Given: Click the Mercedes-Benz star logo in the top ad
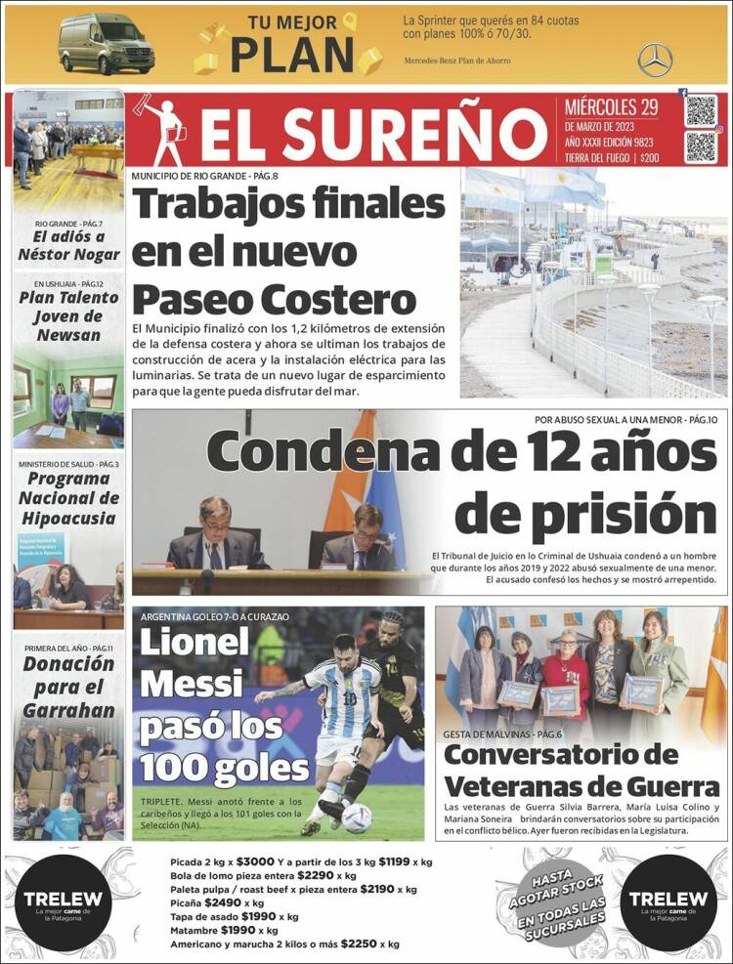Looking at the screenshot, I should [x=655, y=61].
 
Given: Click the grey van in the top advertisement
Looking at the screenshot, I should [x=107, y=43].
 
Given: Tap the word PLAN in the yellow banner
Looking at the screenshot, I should [x=291, y=55].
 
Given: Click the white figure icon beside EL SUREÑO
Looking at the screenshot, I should [x=165, y=131].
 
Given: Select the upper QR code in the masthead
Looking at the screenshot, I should [x=700, y=110].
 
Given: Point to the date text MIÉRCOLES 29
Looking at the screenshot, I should [x=611, y=107].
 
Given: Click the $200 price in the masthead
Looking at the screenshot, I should [x=650, y=157].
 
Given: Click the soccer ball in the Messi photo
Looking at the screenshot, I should [x=356, y=817].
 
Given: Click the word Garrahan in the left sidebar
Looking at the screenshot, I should [x=68, y=710].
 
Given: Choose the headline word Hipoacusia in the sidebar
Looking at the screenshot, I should [x=68, y=518].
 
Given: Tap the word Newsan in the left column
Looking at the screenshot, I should [x=68, y=335].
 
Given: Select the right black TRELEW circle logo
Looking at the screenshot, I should [x=668, y=903].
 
